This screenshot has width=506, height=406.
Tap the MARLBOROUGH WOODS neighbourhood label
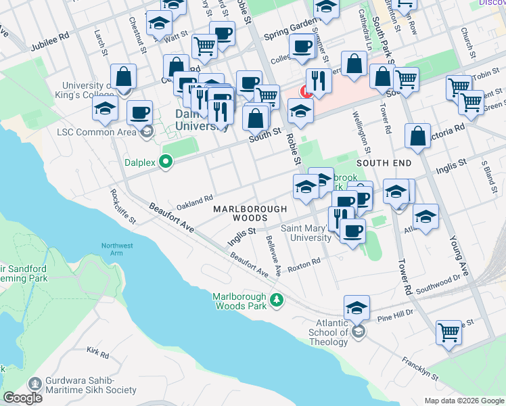245,214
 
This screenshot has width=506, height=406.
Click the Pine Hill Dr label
394,316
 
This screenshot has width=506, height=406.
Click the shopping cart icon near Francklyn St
448,332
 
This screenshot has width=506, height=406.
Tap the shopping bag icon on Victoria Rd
418,136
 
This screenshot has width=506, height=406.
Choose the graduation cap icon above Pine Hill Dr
356,309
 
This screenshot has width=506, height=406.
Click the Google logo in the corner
24,398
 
